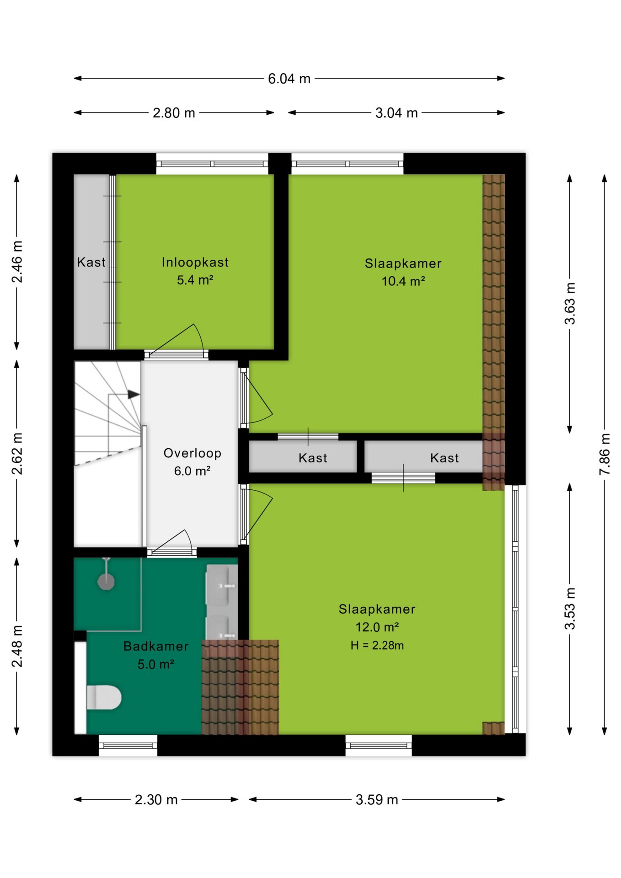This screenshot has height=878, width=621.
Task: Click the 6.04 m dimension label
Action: click(289, 79)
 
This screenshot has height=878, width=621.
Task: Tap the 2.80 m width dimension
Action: click(174, 113)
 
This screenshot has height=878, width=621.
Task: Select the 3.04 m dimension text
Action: click(396, 113)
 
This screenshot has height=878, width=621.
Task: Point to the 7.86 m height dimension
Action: click(605, 454)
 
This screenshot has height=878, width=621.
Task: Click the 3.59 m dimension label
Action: click(377, 800)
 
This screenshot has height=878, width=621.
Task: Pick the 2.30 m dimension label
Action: click(156, 800)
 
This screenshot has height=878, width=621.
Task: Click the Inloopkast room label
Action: click(195, 262)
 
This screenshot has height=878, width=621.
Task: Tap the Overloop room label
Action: click(193, 453)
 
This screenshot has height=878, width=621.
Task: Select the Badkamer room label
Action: click(156, 646)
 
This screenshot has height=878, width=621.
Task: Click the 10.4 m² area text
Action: click(403, 281)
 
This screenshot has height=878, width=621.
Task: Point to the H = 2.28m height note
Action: click(377, 645)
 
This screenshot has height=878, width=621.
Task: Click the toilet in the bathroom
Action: click(104, 697)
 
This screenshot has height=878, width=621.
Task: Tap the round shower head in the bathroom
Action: click(106, 582)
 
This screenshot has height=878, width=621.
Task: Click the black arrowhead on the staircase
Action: click(134, 394)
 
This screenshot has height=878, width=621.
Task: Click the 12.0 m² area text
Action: click(377, 627)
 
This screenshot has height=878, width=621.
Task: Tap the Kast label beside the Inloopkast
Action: click(91, 262)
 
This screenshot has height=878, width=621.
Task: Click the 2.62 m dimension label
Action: click(17, 454)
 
